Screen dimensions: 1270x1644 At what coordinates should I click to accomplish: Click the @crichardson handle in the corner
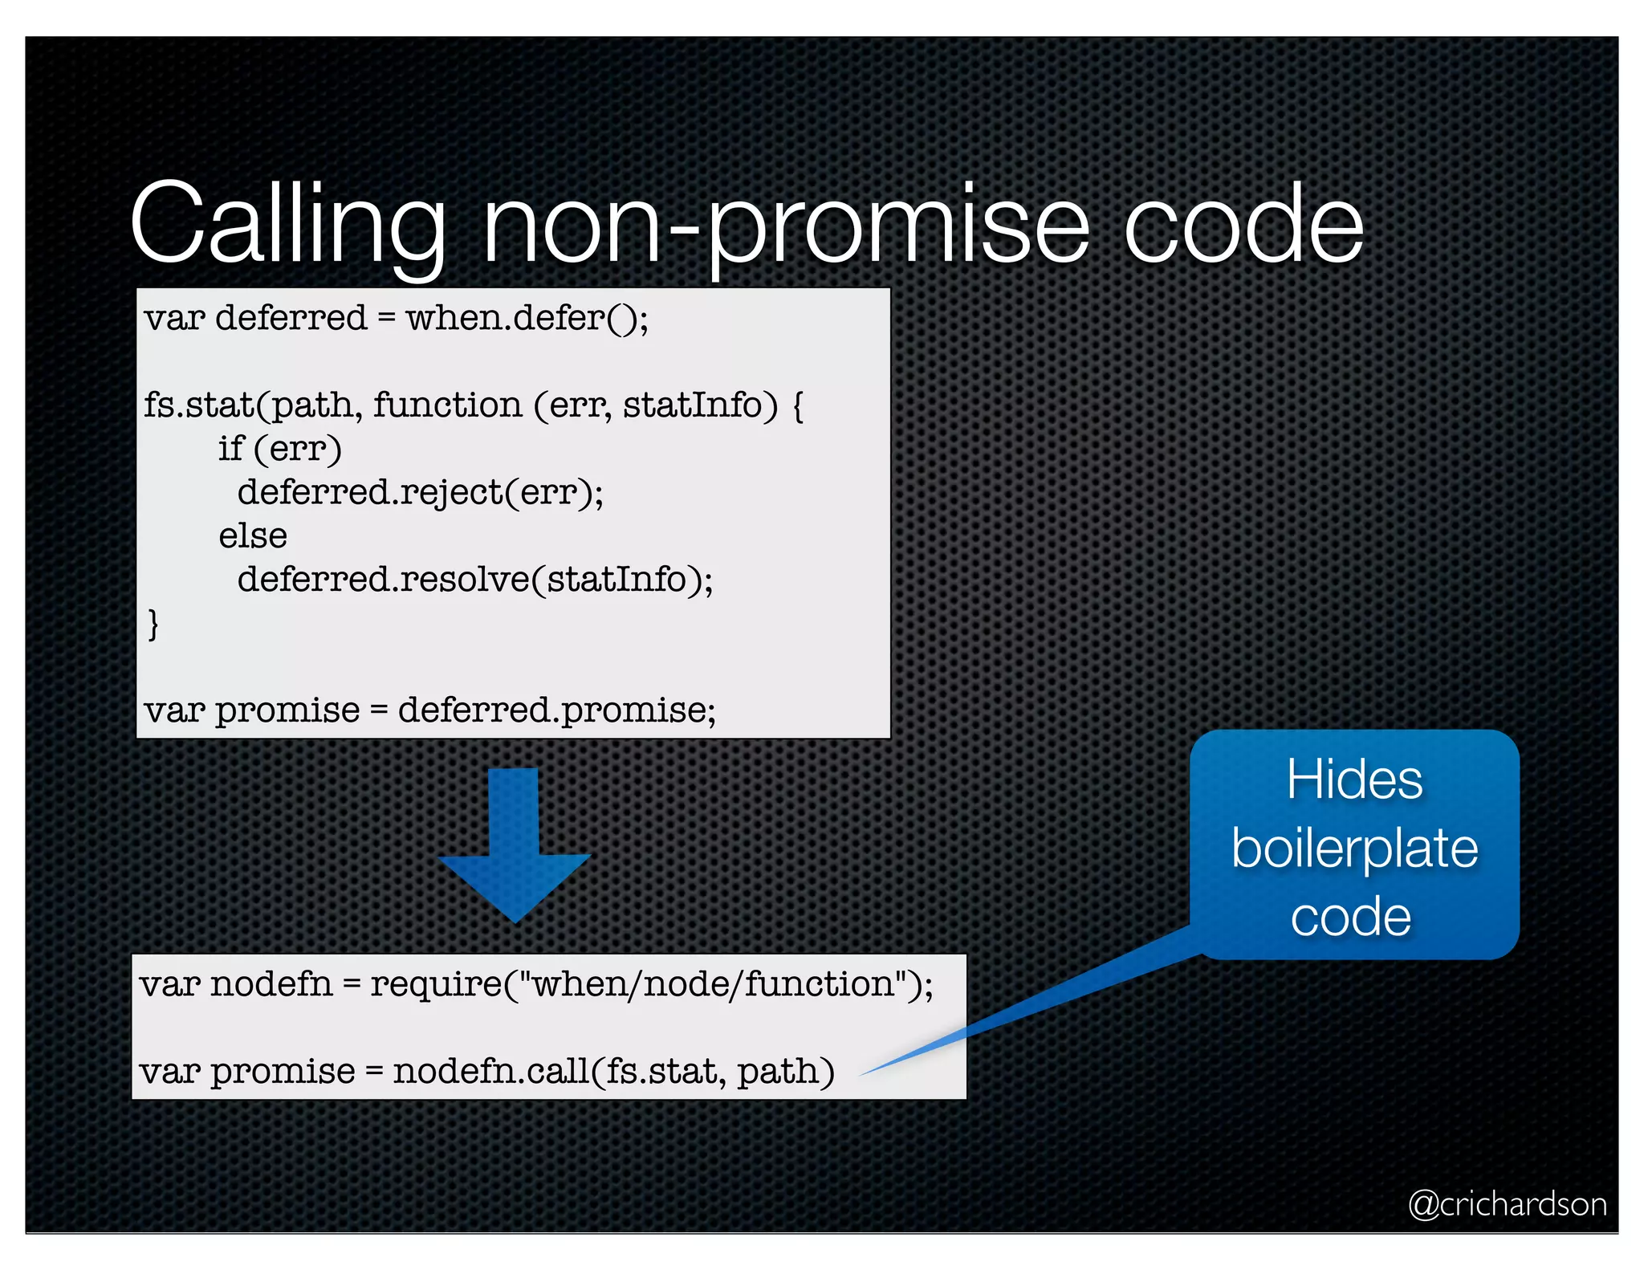click(1507, 1204)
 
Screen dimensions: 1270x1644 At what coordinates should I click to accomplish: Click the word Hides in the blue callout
click(1354, 780)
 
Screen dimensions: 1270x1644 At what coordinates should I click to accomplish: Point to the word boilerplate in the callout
click(1354, 849)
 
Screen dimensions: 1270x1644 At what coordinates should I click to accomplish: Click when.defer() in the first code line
click(527, 318)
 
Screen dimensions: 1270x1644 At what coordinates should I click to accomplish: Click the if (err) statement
click(280, 449)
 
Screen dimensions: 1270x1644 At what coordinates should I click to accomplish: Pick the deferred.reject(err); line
click(420, 492)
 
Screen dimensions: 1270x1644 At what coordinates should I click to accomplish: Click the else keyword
click(253, 535)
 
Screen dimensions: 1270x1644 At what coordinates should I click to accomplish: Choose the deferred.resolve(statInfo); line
click(474, 580)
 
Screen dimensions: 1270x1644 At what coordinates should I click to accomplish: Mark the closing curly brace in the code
click(153, 624)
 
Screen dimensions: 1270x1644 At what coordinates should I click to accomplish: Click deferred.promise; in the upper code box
click(556, 710)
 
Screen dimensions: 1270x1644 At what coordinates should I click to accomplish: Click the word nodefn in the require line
click(271, 985)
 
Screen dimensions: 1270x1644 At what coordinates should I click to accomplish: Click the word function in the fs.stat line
click(447, 405)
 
